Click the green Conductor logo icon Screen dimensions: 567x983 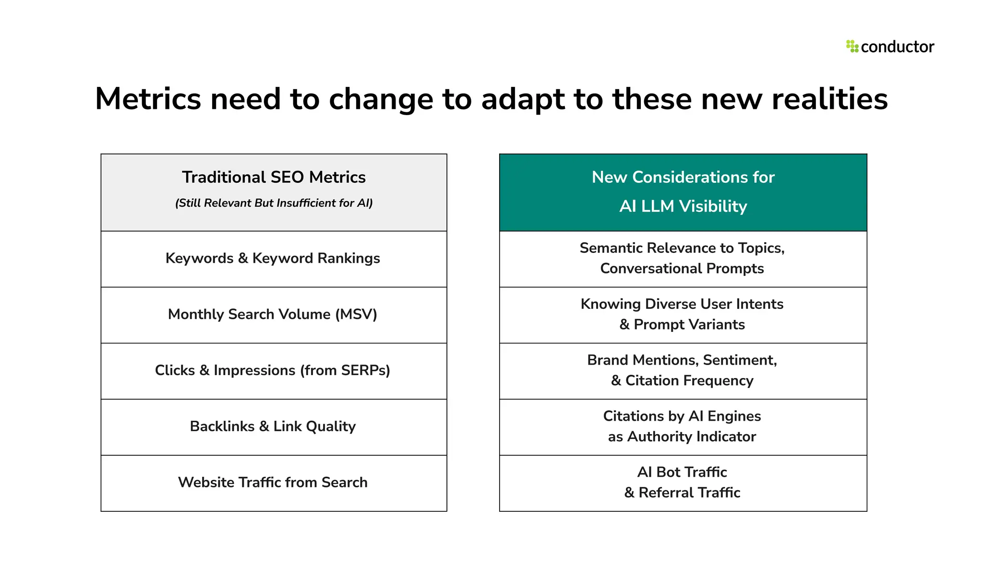click(852, 47)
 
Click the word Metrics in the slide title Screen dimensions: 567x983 click(148, 99)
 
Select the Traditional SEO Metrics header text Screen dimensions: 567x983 click(274, 177)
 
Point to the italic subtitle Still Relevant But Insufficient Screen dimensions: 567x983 click(274, 203)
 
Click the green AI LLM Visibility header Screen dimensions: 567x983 click(683, 192)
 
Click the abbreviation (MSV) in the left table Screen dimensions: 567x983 click(356, 315)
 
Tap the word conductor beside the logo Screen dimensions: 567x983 click(897, 47)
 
